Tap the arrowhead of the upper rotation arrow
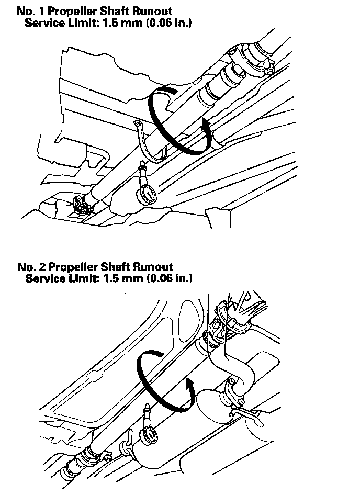pyautogui.click(x=206, y=125)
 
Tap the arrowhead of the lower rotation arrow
pyautogui.click(x=190, y=386)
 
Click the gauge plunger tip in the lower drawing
pyautogui.click(x=148, y=406)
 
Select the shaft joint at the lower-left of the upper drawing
pyautogui.click(x=83, y=205)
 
